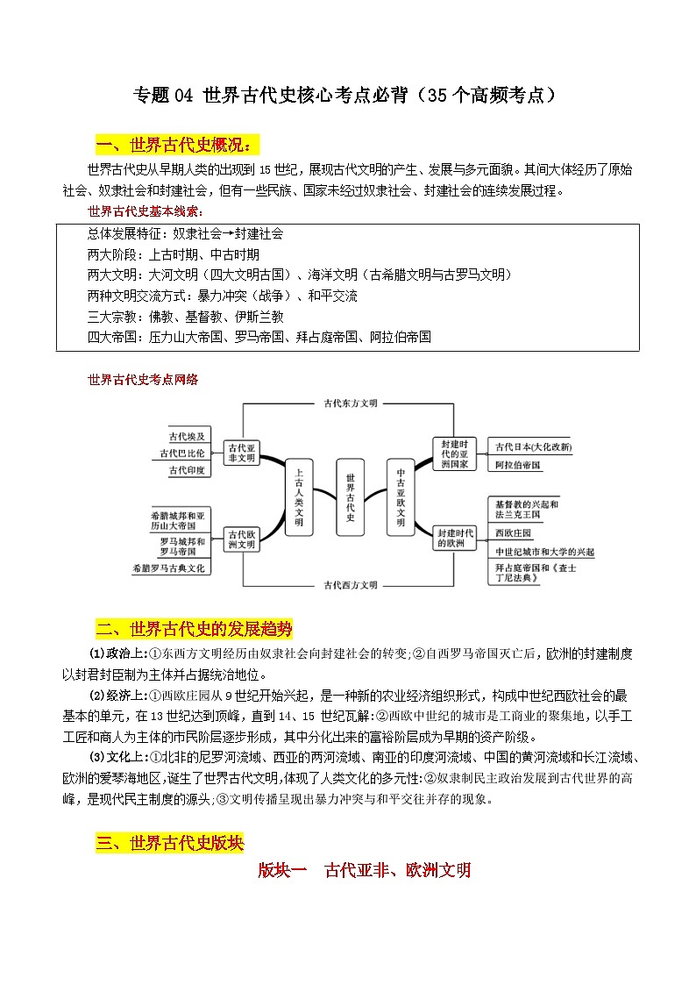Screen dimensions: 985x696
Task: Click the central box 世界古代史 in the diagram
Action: pyautogui.click(x=350, y=496)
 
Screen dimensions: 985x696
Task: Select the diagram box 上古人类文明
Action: pyautogui.click(x=299, y=496)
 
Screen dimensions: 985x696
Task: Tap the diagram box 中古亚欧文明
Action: pyautogui.click(x=401, y=496)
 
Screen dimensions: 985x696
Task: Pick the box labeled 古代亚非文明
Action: pyautogui.click(x=240, y=453)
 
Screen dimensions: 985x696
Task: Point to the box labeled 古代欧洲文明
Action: pyautogui.click(x=240, y=539)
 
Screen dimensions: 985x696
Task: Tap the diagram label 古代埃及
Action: pyautogui.click(x=188, y=436)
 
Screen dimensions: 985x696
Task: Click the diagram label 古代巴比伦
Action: pyautogui.click(x=182, y=453)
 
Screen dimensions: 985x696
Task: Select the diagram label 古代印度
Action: pyautogui.click(x=188, y=471)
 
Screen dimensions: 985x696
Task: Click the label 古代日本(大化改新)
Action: pyautogui.click(x=533, y=446)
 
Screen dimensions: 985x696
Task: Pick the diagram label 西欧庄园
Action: pyautogui.click(x=513, y=533)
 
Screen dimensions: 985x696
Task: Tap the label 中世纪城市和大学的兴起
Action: pyautogui.click(x=544, y=552)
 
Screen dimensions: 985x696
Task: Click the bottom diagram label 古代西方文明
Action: pyautogui.click(x=350, y=584)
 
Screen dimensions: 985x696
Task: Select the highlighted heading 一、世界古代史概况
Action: pyautogui.click(x=178, y=144)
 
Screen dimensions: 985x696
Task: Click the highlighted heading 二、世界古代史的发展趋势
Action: pyautogui.click(x=194, y=629)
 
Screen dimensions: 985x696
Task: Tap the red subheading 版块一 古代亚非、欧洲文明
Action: pyautogui.click(x=365, y=870)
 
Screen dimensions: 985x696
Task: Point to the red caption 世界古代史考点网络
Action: pyautogui.click(x=143, y=379)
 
